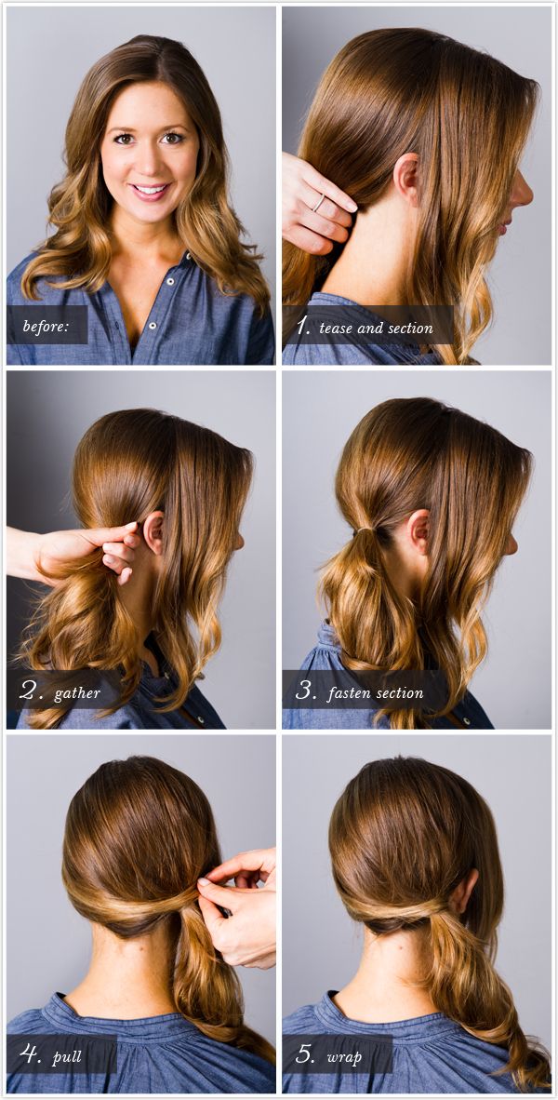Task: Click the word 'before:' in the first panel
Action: [x=46, y=326]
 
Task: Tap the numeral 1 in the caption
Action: [x=302, y=325]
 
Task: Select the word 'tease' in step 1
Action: [x=335, y=328]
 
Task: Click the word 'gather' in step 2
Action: [x=77, y=693]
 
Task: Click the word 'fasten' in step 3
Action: [x=349, y=693]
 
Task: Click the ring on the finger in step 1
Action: [x=319, y=202]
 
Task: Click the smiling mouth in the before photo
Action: [x=151, y=190]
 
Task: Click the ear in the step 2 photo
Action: [x=153, y=533]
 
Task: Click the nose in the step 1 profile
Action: [x=524, y=194]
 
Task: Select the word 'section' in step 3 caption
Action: [x=400, y=693]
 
